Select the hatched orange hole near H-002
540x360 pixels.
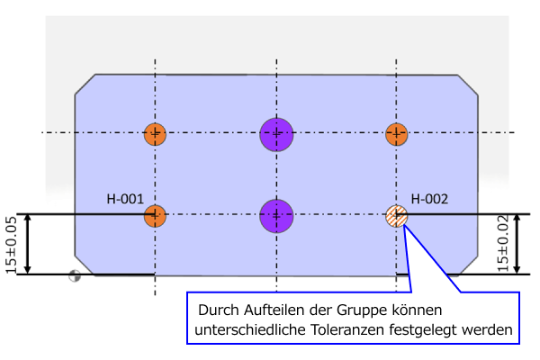(396, 216)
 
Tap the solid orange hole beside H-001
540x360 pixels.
(155, 215)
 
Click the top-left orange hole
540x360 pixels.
(155, 135)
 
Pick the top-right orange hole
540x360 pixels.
(396, 135)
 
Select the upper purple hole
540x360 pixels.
(276, 134)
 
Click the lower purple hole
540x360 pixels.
(276, 215)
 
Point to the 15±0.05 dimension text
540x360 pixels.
(12, 244)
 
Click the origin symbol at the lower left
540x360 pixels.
(74, 276)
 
